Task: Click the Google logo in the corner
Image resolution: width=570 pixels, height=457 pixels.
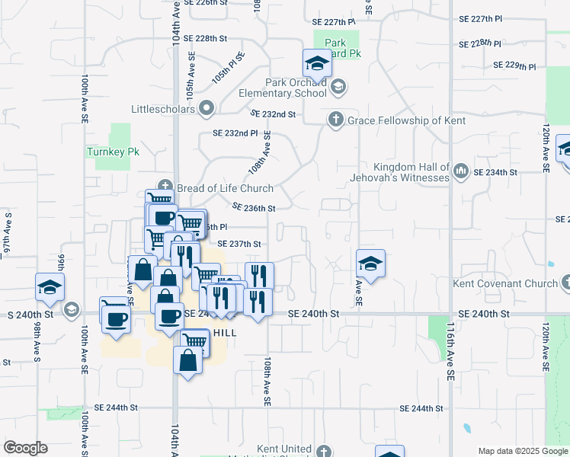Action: click(x=25, y=448)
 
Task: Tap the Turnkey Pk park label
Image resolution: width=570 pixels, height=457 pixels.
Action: click(x=111, y=152)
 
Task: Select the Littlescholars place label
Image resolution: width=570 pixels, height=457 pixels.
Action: click(x=163, y=108)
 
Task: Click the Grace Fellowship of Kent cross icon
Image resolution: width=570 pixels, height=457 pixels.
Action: click(x=335, y=120)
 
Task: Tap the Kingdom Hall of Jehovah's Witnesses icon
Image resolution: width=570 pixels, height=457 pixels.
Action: click(x=460, y=171)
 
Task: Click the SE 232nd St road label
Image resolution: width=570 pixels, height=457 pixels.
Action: click(x=273, y=113)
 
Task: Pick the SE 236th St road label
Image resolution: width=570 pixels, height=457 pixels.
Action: click(x=253, y=207)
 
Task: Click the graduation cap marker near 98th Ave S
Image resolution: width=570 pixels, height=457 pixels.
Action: click(x=50, y=287)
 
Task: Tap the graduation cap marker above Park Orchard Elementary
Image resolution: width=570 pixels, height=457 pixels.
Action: click(x=317, y=63)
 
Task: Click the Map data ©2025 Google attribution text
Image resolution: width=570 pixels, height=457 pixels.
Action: click(x=522, y=451)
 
